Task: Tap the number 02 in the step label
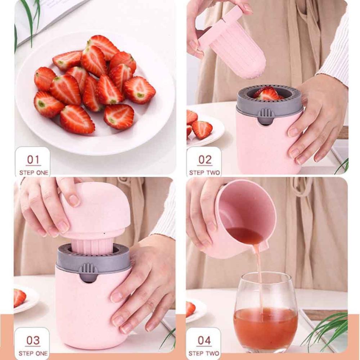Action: pos(205,159)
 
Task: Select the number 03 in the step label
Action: pos(33,340)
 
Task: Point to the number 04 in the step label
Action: pos(204,340)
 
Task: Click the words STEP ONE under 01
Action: pos(33,173)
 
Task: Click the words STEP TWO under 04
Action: pos(204,353)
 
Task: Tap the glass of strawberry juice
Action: pos(266,317)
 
